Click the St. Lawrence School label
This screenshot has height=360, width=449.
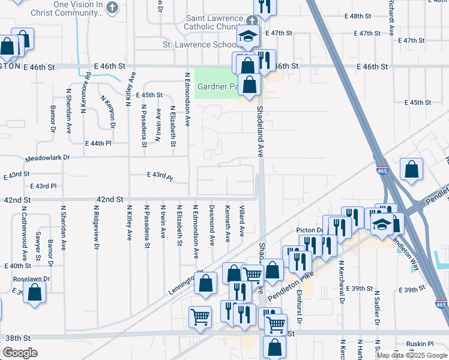coord(200,44)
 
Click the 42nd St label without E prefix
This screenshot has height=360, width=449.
coord(110,199)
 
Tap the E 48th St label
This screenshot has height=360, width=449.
coord(368,16)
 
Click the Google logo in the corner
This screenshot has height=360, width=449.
coord(20,353)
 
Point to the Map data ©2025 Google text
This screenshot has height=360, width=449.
coord(412,355)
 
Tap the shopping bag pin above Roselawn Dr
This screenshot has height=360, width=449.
coord(35,292)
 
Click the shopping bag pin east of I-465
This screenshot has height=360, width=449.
coord(412,170)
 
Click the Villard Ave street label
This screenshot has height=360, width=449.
coord(243,221)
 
